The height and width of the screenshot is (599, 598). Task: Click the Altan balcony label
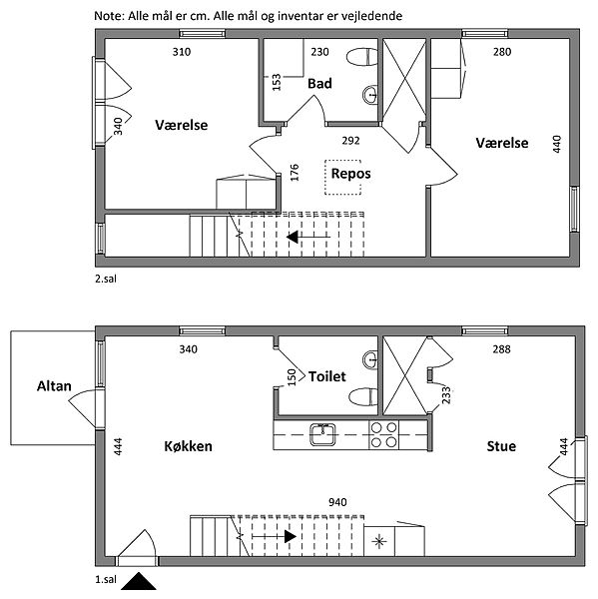point(54,386)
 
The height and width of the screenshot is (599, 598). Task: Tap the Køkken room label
point(188,446)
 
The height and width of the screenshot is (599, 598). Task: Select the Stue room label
point(501,446)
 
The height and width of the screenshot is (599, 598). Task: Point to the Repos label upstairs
point(350,174)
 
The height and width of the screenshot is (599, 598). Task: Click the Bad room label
point(319,84)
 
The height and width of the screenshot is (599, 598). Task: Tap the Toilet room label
point(327,376)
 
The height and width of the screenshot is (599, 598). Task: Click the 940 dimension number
point(337,502)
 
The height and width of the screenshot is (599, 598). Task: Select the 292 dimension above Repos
point(350,141)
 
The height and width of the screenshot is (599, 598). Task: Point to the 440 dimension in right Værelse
point(557,144)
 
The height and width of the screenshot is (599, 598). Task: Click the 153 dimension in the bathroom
point(277,82)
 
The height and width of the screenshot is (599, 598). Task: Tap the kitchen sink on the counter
point(322,434)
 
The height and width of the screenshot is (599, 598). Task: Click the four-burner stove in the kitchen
point(383,434)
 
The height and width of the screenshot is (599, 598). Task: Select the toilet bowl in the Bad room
point(361,57)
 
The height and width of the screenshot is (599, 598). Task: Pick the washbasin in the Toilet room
point(369,359)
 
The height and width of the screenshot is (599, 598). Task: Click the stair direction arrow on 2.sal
point(307,238)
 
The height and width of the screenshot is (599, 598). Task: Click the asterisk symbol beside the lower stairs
point(379,541)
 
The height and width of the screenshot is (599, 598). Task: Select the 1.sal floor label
point(106,579)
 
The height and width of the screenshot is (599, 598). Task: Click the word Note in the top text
point(108,16)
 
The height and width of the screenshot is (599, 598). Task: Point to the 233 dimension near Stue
point(446,395)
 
